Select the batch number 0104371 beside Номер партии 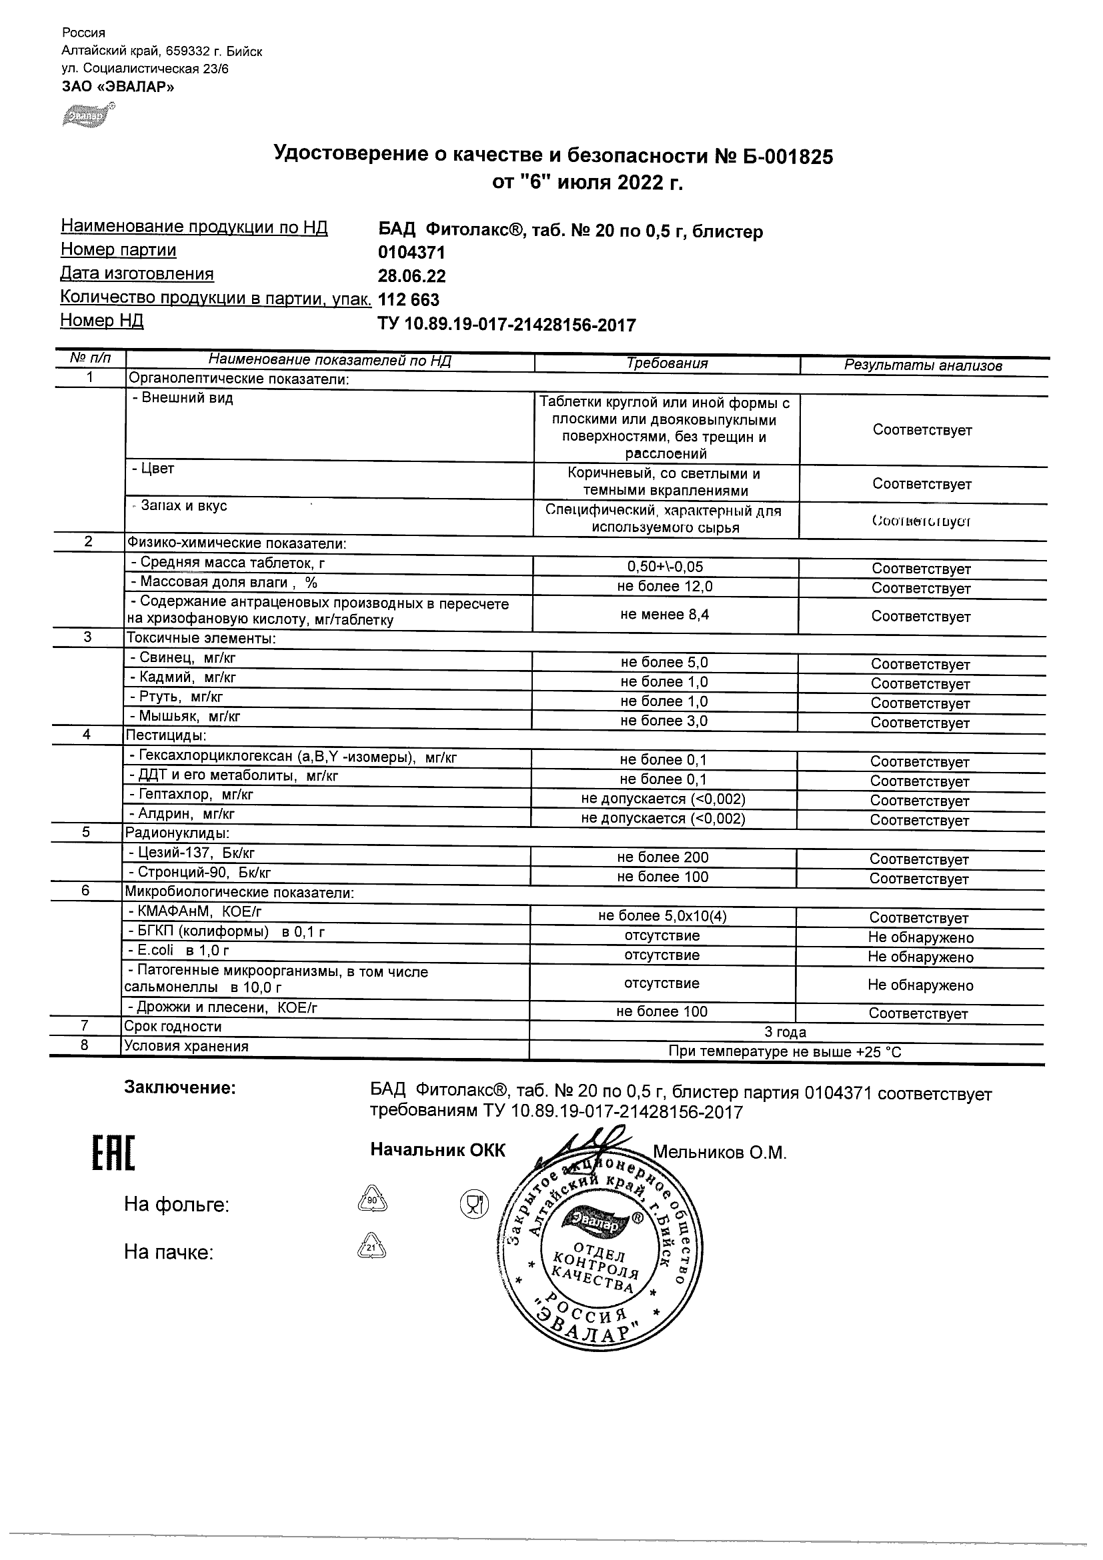[411, 253]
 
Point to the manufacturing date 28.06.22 [412, 277]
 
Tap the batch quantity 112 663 [408, 299]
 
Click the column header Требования [667, 363]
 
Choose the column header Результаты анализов [923, 365]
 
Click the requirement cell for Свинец [664, 663]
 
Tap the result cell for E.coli [920, 957]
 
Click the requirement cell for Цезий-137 [663, 857]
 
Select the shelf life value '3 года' [785, 1033]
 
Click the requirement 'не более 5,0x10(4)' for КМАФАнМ [663, 917]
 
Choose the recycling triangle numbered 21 [371, 1248]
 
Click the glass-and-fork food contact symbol [474, 1204]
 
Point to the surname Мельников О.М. [720, 1153]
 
